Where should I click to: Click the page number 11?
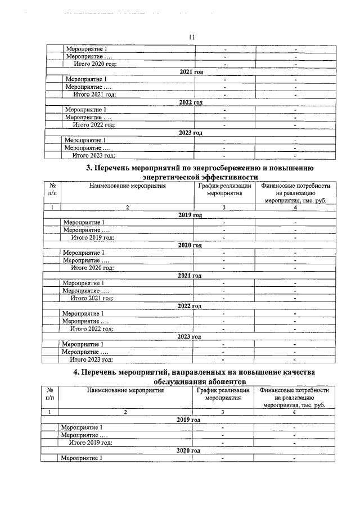click(191, 37)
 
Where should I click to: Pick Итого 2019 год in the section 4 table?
click(90, 443)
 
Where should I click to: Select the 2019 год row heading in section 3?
click(190, 215)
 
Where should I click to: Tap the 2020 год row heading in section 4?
click(188, 451)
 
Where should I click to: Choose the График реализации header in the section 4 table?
click(223, 390)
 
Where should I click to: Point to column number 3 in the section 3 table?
click(224, 208)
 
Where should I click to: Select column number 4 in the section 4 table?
click(294, 412)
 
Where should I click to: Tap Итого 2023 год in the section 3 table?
click(91, 359)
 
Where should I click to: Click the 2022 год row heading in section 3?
click(189, 306)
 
